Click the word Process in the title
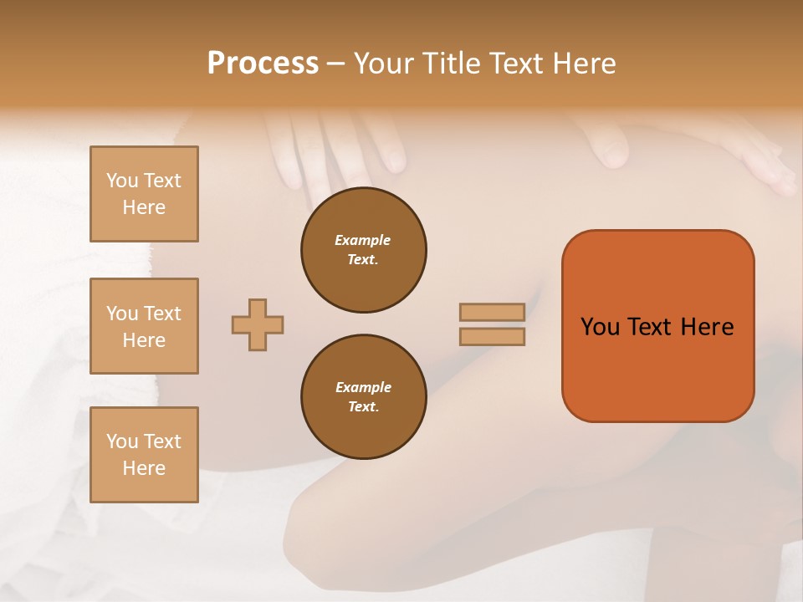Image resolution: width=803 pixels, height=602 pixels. click(263, 64)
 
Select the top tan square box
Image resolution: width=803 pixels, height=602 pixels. click(144, 194)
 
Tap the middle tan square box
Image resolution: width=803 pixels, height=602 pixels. click(144, 326)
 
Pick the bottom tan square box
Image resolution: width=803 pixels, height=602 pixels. click(144, 455)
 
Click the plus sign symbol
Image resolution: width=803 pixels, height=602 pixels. click(258, 324)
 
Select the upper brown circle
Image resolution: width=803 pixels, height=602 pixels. click(364, 250)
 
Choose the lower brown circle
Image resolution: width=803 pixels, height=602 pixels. click(364, 397)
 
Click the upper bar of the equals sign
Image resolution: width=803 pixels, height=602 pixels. click(493, 312)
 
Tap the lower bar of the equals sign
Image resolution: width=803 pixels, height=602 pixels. click(493, 337)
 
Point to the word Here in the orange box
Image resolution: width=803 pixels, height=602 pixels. click(707, 327)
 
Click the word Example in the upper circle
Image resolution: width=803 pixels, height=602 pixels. click(363, 240)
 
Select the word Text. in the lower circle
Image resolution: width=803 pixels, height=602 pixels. click(364, 407)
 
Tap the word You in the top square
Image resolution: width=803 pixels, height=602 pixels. click(122, 181)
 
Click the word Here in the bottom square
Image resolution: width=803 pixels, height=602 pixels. click(144, 468)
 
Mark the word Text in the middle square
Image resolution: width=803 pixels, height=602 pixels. click(161, 314)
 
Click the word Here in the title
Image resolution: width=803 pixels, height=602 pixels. click(583, 64)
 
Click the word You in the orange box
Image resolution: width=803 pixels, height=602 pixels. click(600, 327)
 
